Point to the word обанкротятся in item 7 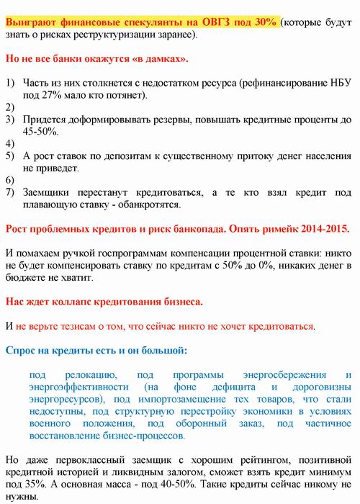click(156, 204)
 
